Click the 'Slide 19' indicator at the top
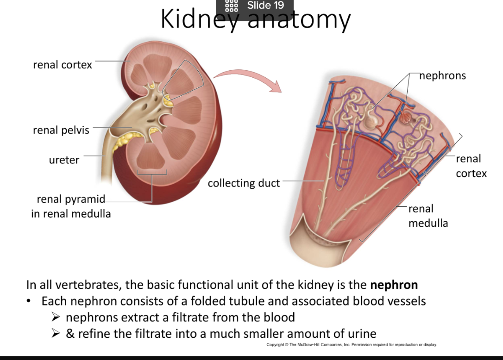pyautogui.click(x=265, y=6)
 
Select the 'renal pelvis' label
pyautogui.click(x=61, y=130)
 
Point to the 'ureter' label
pyautogui.click(x=64, y=160)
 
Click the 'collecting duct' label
pyautogui.click(x=244, y=183)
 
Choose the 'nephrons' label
pyautogui.click(x=442, y=75)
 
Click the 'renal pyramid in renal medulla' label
pyautogui.click(x=71, y=206)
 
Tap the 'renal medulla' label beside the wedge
pyautogui.click(x=428, y=216)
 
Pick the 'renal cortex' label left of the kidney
pyautogui.click(x=63, y=65)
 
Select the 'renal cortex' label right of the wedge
pyautogui.click(x=471, y=166)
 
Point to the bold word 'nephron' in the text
pyautogui.click(x=394, y=285)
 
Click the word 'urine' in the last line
pyautogui.click(x=360, y=334)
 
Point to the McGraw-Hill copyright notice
pyautogui.click(x=352, y=345)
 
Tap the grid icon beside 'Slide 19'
pyautogui.click(x=230, y=6)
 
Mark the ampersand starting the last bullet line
pyautogui.click(x=70, y=334)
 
